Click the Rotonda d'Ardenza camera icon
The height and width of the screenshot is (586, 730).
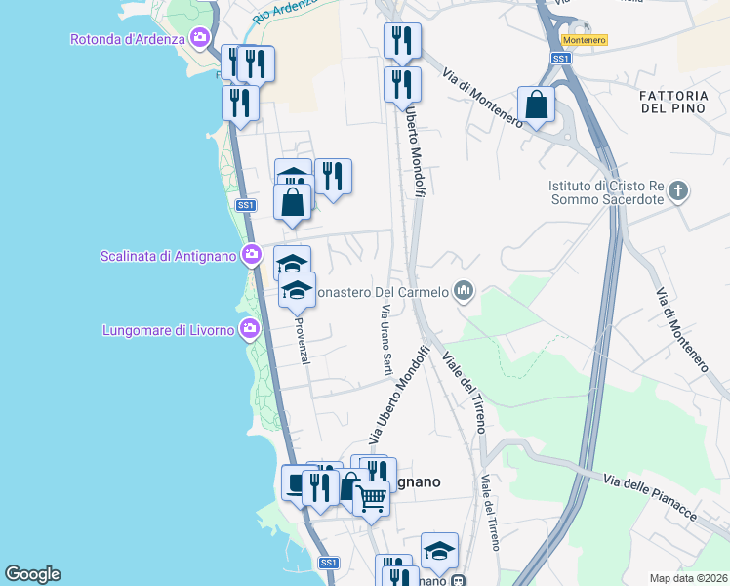coord(200,39)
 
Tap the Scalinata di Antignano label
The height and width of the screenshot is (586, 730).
coord(168,256)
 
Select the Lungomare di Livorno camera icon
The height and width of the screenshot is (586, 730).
coord(251,329)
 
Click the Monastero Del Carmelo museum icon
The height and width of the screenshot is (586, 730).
coord(464,291)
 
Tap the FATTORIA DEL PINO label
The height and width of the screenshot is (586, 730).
coord(679,102)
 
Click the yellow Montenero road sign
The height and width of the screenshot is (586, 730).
coord(584,40)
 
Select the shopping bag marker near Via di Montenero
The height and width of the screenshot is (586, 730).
coord(537,105)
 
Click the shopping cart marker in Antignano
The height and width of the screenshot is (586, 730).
coord(371,497)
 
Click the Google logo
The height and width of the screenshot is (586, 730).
coord(32,574)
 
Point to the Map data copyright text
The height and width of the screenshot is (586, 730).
coord(688,578)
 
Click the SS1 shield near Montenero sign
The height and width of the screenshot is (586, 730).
coord(560,59)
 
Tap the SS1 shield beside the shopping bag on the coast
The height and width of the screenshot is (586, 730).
coord(245,205)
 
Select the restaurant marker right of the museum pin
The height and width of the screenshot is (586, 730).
coord(333,177)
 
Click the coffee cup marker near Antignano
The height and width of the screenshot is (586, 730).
coord(295,481)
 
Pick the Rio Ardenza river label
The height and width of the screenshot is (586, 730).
coord(285,12)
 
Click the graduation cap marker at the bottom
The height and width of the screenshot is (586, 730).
coord(439,550)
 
